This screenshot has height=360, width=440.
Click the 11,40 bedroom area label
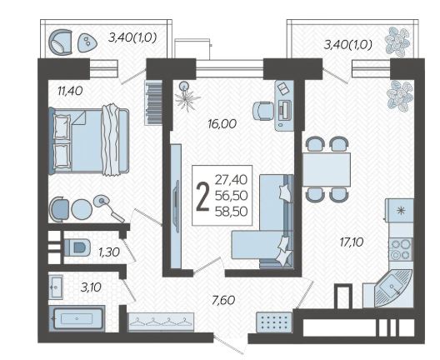(70, 91)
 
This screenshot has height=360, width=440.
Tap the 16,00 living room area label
(222, 123)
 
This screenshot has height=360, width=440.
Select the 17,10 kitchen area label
(352, 242)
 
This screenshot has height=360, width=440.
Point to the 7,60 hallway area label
(223, 301)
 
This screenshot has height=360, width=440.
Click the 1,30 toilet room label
(109, 252)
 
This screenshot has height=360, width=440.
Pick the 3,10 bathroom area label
(91, 287)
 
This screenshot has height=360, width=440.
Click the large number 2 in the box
(202, 197)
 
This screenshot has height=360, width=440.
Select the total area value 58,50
(231, 212)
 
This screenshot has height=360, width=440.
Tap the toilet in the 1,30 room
(77, 247)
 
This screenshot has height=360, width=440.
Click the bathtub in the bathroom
(77, 319)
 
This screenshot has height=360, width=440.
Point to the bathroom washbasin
(56, 287)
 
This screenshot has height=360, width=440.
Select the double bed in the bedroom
(88, 141)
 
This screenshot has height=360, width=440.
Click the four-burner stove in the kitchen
(401, 249)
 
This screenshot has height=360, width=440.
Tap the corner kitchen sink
(392, 288)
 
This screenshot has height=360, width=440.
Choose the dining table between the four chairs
(327, 169)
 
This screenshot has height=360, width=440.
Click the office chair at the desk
(263, 111)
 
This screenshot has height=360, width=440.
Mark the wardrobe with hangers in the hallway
(161, 322)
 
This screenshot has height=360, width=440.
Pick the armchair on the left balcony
(61, 42)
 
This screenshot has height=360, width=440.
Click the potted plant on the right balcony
(397, 41)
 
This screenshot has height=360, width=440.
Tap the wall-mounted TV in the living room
(177, 206)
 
